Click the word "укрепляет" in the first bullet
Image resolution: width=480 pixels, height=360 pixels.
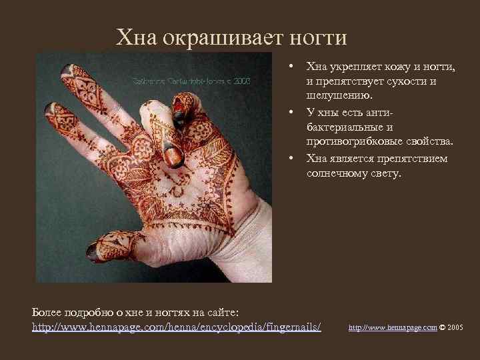coord(353,67)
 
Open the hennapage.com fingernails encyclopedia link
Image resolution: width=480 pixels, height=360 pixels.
coord(177,327)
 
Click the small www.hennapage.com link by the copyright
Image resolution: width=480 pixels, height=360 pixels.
coord(393,328)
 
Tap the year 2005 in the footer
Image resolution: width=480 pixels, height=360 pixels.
coord(456,328)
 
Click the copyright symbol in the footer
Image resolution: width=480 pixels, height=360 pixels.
coord(443,328)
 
